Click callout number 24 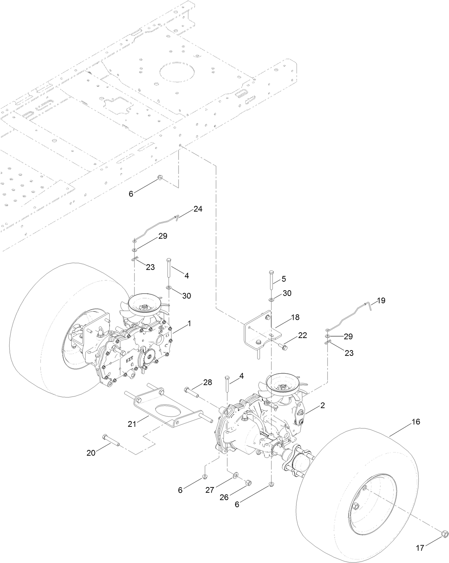(x=198, y=209)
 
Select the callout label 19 (x=381, y=301)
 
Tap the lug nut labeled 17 (x=444, y=534)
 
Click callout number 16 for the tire (x=416, y=422)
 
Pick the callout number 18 (x=295, y=317)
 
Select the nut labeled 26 (x=248, y=483)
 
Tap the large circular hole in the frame (x=178, y=72)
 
